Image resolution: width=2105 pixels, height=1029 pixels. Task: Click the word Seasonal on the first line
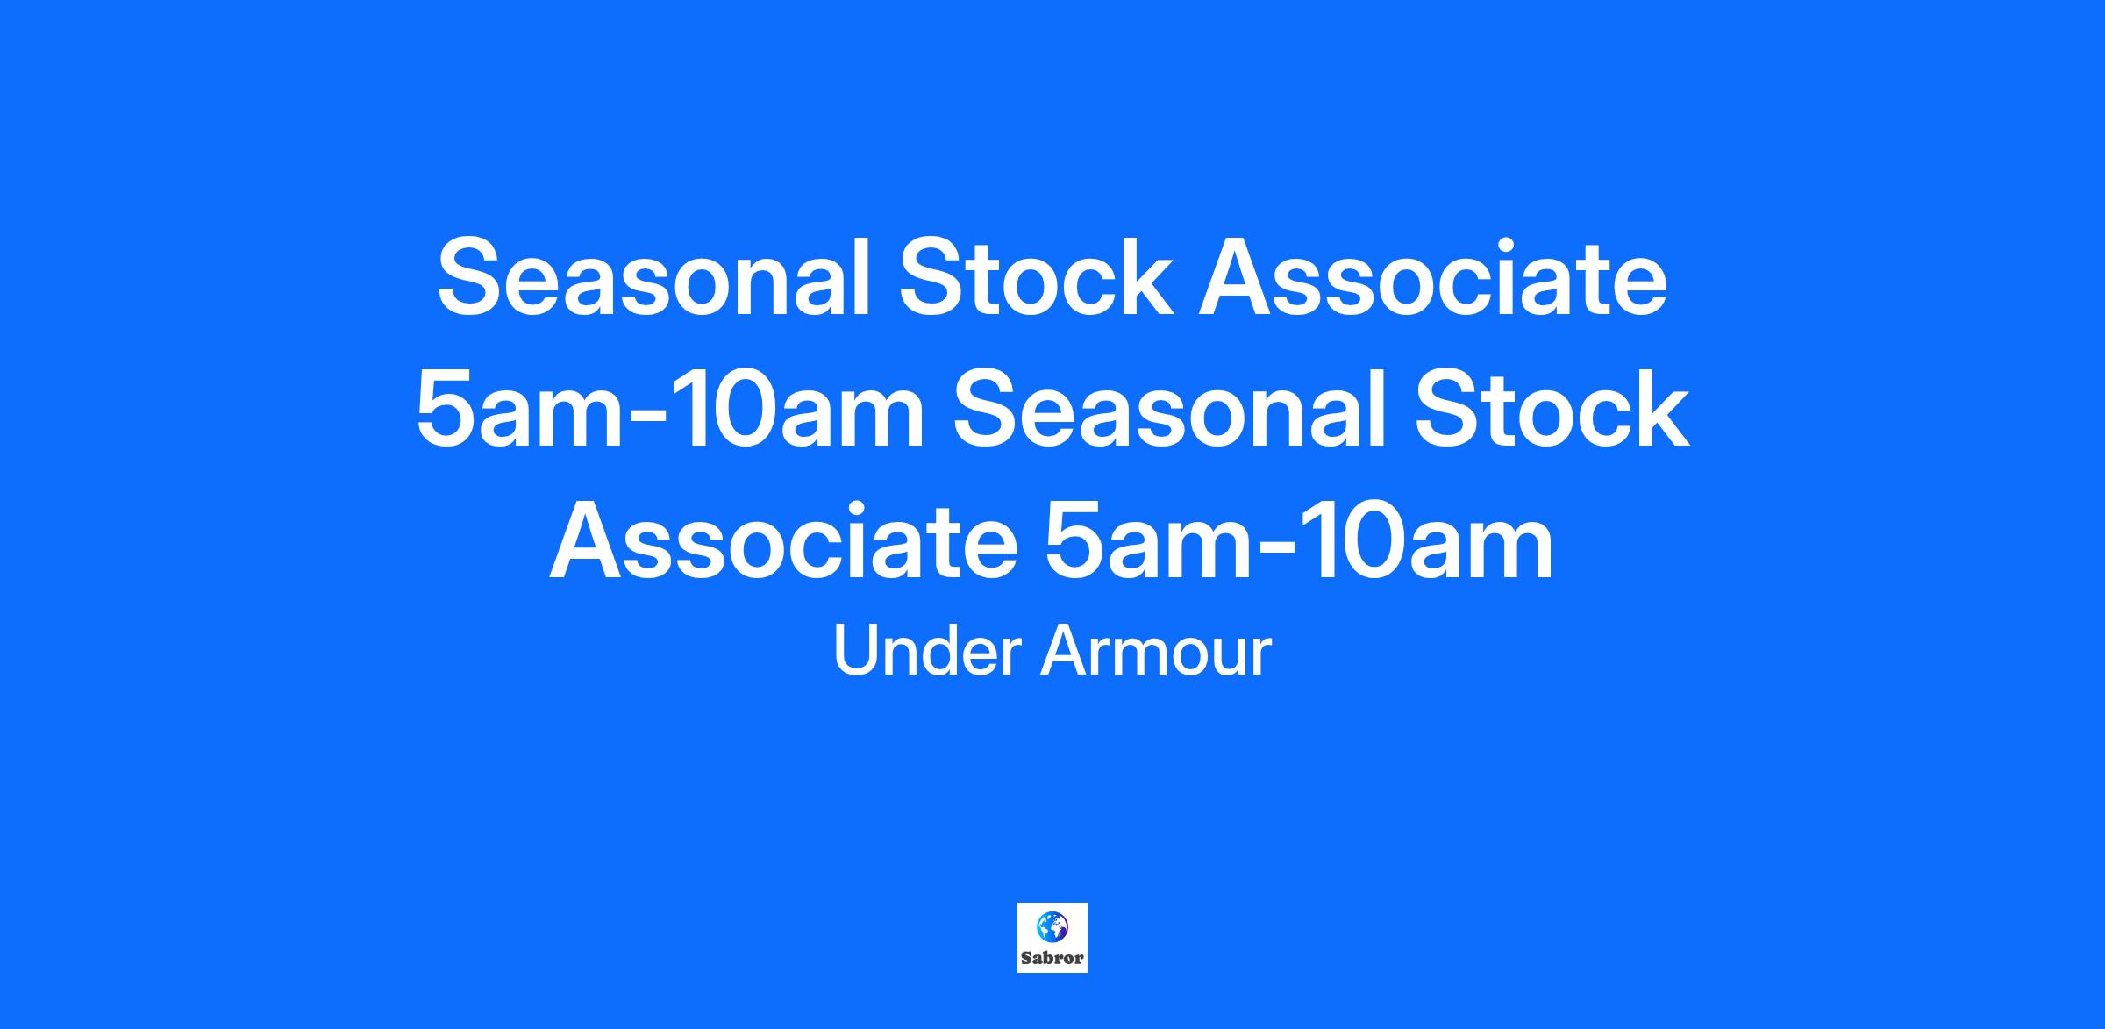pos(654,275)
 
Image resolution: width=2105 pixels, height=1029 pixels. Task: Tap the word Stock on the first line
pos(1036,275)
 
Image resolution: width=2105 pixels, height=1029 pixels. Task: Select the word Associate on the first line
pos(1433,275)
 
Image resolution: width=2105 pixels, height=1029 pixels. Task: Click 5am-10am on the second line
pos(671,411)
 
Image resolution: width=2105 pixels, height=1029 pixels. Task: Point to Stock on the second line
pos(1552,411)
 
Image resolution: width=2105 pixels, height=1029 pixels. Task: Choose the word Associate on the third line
pos(784,544)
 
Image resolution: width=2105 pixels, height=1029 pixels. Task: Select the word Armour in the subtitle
pos(1156,653)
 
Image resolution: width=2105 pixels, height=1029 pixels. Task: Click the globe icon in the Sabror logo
pos(1052,925)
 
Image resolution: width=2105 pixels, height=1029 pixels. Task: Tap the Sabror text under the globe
pos(1052,958)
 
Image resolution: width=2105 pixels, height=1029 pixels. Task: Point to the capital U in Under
pos(855,653)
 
